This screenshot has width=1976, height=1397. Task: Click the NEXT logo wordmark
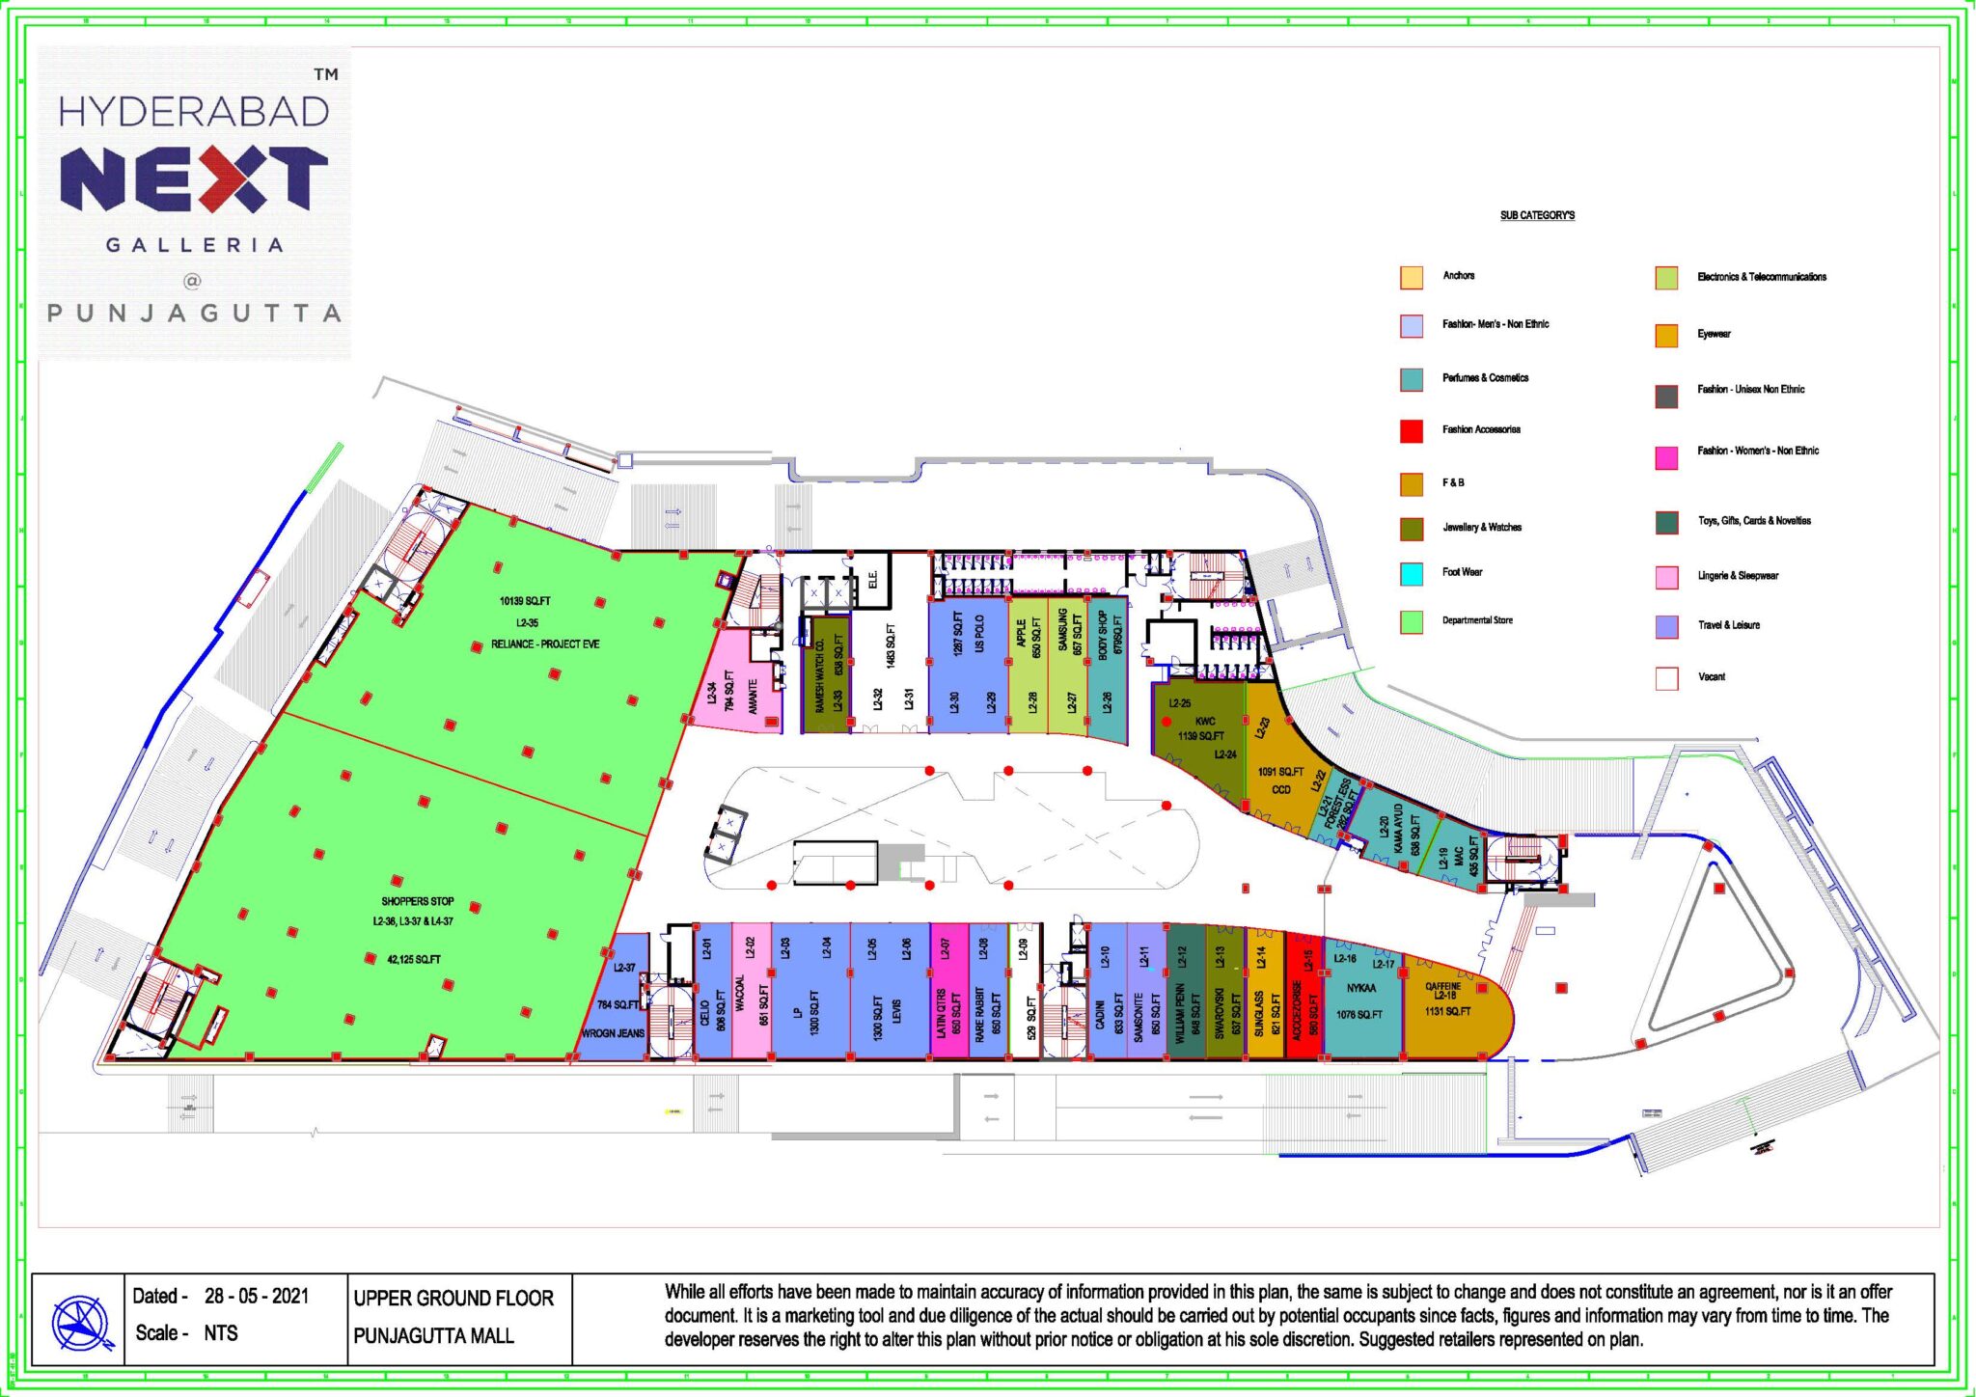pyautogui.click(x=193, y=179)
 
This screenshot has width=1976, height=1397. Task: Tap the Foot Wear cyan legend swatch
pyautogui.click(x=1411, y=573)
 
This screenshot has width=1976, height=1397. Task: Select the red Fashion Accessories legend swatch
pyautogui.click(x=1411, y=430)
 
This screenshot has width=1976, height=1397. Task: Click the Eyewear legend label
pyautogui.click(x=1714, y=334)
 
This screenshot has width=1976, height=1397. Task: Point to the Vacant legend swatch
pyautogui.click(x=1666, y=677)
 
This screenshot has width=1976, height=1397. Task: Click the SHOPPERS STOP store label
pyautogui.click(x=417, y=901)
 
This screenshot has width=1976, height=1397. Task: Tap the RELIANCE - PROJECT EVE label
pyautogui.click(x=545, y=644)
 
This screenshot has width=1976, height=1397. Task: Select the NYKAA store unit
pyautogui.click(x=1361, y=999)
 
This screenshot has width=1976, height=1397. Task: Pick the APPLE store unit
pyautogui.click(x=1029, y=666)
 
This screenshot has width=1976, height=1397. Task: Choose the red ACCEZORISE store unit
pyautogui.click(x=1304, y=999)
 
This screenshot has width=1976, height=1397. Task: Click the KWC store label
pyautogui.click(x=1205, y=721)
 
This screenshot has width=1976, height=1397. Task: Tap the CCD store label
pyautogui.click(x=1280, y=789)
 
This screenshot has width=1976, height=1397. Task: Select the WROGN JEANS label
pyautogui.click(x=613, y=1033)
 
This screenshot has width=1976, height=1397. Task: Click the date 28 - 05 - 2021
pyautogui.click(x=256, y=1296)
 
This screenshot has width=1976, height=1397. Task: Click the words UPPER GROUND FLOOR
pyautogui.click(x=453, y=1298)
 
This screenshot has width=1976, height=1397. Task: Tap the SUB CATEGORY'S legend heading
pyautogui.click(x=1537, y=215)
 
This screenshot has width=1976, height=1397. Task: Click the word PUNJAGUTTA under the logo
pyautogui.click(x=194, y=314)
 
